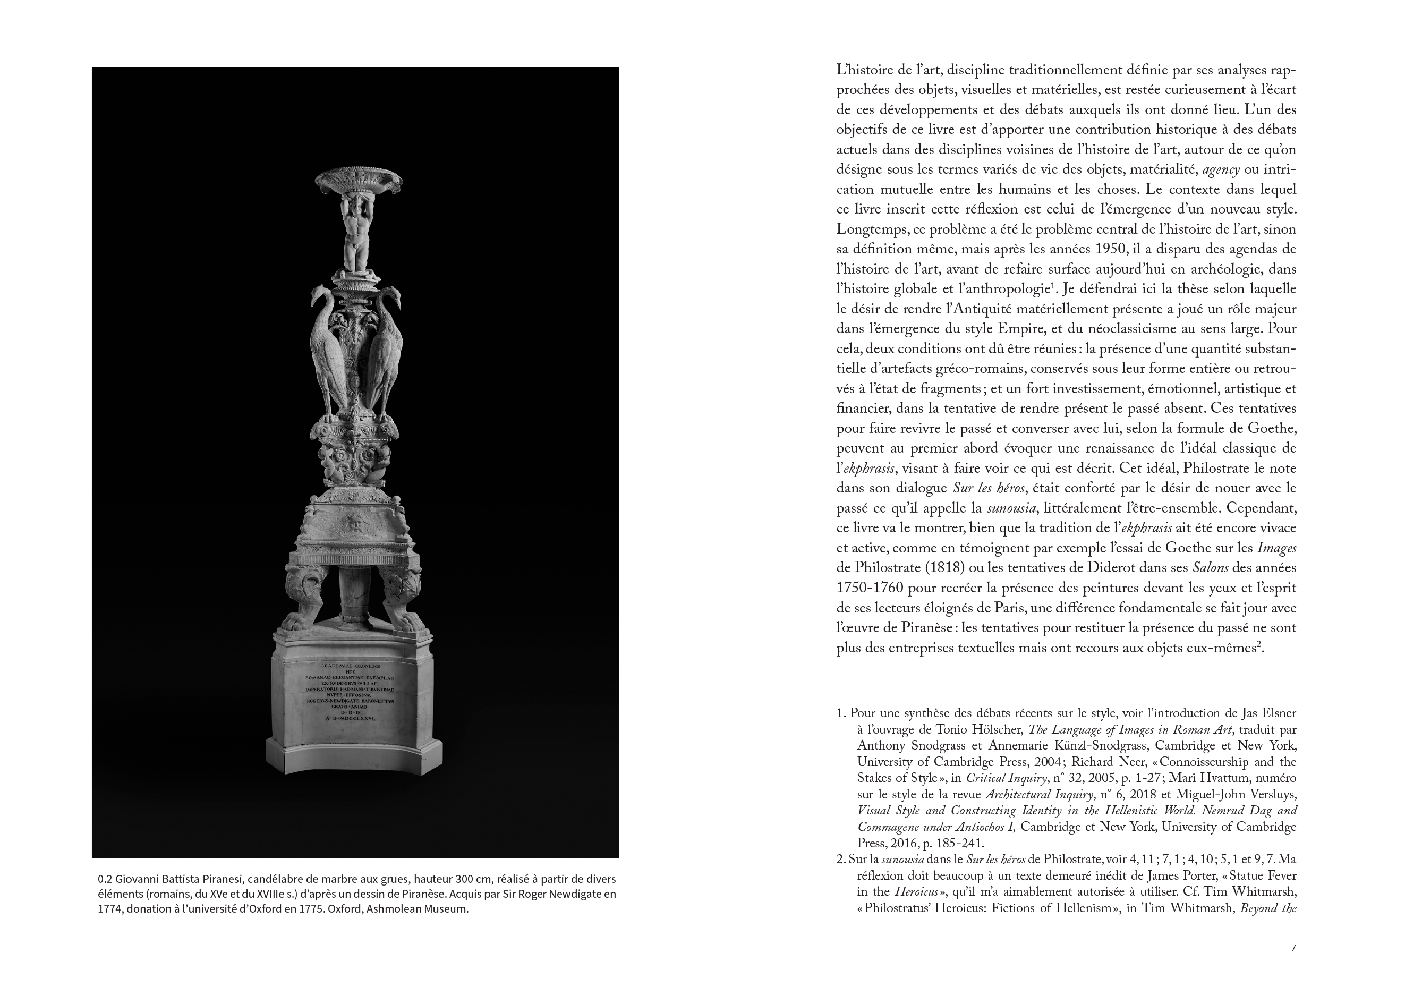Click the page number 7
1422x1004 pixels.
[x=1293, y=965]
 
